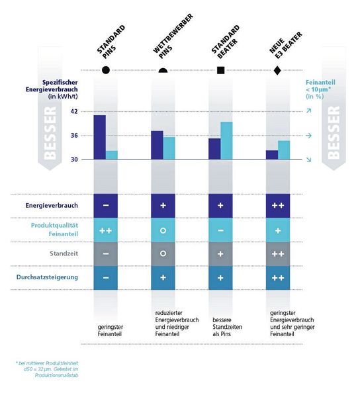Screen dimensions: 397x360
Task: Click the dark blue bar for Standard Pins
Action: (99, 138)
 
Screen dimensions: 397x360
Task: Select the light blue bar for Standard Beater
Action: (226, 141)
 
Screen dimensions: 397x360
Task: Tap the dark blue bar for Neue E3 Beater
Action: (272, 155)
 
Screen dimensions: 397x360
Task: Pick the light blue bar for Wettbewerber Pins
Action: (169, 148)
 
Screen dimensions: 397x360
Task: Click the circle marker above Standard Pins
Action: (106, 70)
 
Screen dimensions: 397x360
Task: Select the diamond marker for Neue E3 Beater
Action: (277, 70)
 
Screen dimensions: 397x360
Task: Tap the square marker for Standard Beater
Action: (220, 70)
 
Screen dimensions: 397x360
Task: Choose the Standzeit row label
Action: (64, 253)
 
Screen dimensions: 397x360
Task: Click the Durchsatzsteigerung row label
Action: (46, 277)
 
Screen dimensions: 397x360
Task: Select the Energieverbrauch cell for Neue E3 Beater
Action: (277, 206)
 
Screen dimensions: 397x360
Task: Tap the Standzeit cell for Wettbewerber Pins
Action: (163, 253)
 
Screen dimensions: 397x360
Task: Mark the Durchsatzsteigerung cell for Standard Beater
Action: (220, 277)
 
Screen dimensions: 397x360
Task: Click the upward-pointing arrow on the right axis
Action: (308, 112)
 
